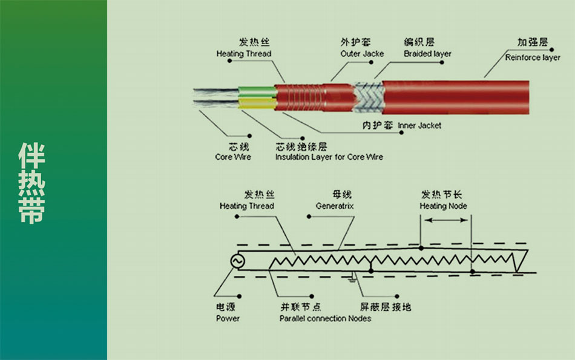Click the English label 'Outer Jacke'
(362, 54)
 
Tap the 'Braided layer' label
(427, 54)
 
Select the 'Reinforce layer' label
(533, 57)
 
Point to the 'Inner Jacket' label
(419, 126)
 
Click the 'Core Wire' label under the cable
(233, 157)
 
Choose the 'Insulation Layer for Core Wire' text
(329, 157)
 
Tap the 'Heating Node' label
(443, 206)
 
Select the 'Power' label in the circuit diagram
(228, 318)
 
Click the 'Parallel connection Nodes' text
(325, 318)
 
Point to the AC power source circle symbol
(236, 261)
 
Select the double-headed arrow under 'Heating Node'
(445, 221)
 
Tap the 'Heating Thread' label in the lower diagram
(246, 206)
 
